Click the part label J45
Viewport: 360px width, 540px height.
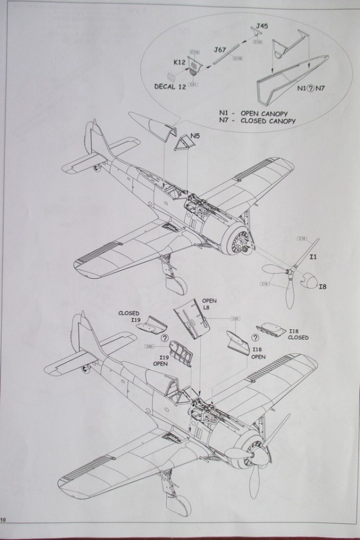[x=262, y=25]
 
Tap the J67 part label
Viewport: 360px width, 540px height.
[x=221, y=51]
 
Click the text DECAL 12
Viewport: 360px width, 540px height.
[x=172, y=87]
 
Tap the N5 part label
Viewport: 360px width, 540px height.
[x=195, y=136]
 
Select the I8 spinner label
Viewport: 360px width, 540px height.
[x=322, y=286]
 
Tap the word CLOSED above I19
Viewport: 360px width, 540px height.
[x=129, y=313]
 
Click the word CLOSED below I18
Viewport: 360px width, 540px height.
[x=298, y=337]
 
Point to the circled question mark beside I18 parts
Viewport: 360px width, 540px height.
[x=255, y=337]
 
